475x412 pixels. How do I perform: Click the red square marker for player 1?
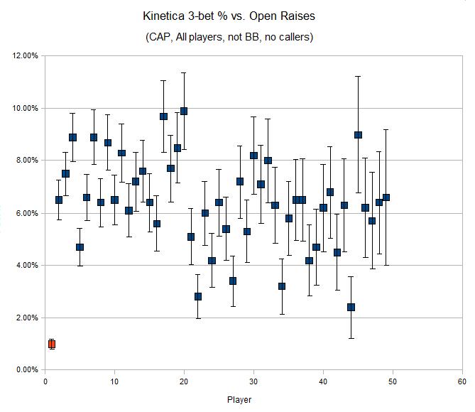tap(52, 344)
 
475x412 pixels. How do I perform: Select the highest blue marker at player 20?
tap(184, 111)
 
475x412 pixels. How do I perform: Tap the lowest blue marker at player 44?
tap(351, 308)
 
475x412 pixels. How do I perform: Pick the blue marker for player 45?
tap(358, 135)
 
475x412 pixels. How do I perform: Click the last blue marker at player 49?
tap(386, 197)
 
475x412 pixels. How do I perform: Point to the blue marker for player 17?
tap(163, 116)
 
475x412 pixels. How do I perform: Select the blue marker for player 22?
tap(198, 296)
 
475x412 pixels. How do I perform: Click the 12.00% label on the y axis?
tap(24, 56)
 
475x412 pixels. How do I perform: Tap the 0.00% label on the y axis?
tap(26, 370)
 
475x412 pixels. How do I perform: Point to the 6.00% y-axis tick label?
tap(26, 213)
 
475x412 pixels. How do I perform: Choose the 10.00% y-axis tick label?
tap(24, 108)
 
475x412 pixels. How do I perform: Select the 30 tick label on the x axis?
tap(253, 381)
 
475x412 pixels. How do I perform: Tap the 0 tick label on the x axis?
tap(45, 381)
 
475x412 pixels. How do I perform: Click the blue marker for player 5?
tap(80, 247)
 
